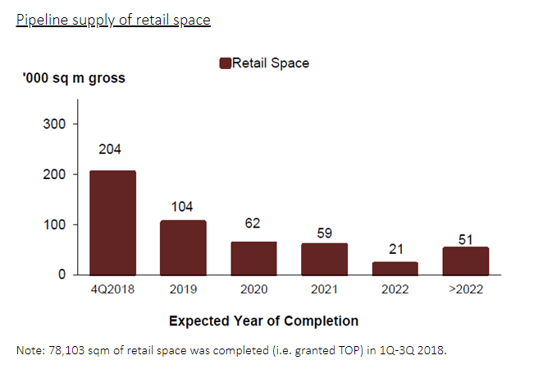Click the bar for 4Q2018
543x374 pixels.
point(112,222)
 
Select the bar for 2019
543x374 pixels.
point(183,247)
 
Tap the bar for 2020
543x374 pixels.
point(253,257)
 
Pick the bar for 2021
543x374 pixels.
point(324,258)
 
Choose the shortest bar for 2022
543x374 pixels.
point(395,268)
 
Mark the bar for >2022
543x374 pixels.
point(465,261)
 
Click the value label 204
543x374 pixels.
point(112,150)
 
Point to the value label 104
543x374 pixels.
point(182,206)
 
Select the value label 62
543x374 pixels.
point(253,223)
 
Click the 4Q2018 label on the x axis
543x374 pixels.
point(112,290)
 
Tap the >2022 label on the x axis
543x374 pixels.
point(465,290)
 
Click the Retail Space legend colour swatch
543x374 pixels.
point(226,63)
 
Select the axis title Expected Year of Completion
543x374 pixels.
point(263,321)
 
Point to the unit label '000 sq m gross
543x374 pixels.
point(74,79)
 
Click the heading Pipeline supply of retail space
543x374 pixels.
point(113,19)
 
